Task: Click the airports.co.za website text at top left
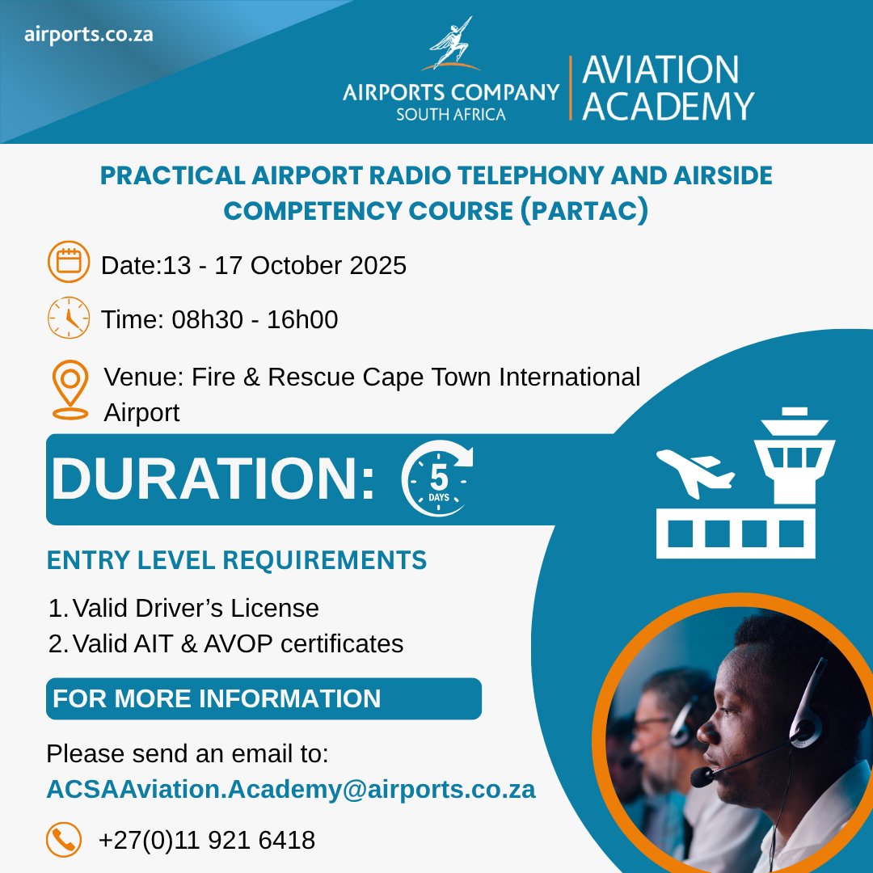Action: tap(89, 36)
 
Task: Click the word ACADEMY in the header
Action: tap(668, 106)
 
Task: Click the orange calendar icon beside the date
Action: tap(68, 263)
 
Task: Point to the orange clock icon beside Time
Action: tap(68, 318)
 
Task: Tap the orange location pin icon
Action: tap(70, 390)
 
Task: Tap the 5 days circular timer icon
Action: tap(437, 479)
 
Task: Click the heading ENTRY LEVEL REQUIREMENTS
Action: tap(237, 560)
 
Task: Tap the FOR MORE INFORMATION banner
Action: tap(264, 698)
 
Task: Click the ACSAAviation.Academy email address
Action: tap(290, 790)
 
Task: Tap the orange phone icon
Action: tap(64, 840)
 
